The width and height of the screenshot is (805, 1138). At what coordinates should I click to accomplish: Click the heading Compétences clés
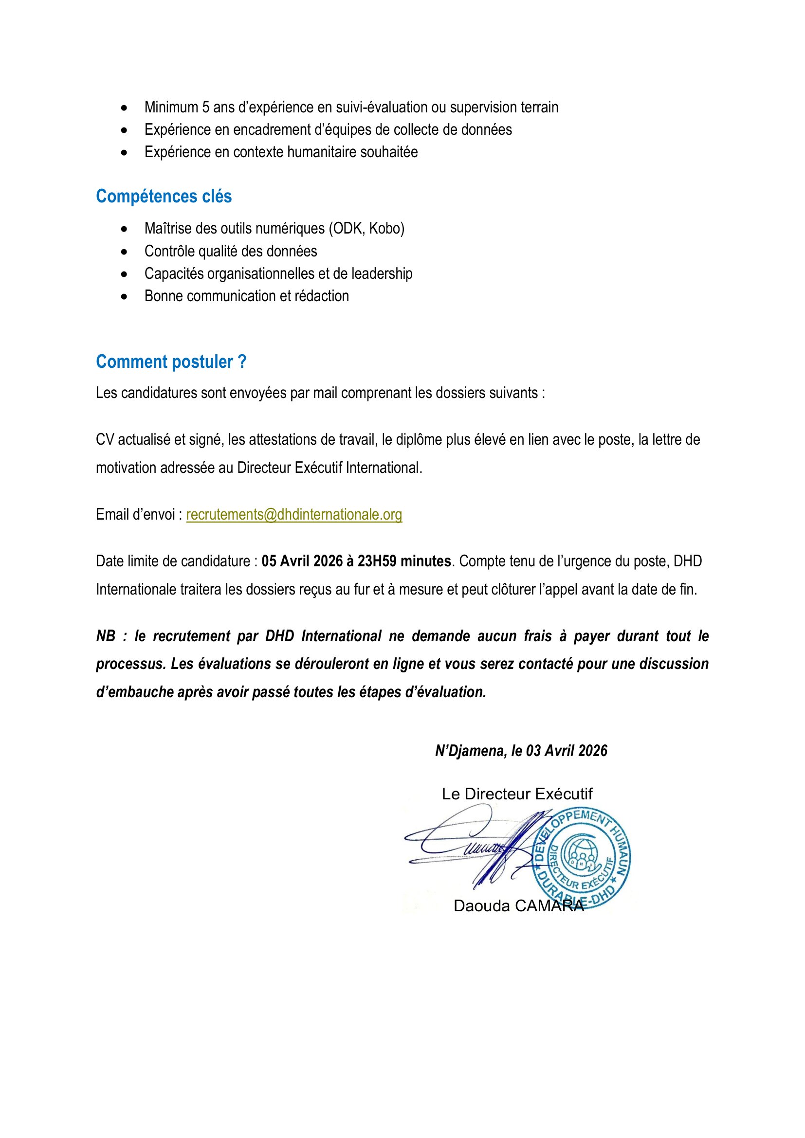(164, 196)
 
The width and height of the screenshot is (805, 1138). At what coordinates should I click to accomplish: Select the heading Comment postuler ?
(171, 362)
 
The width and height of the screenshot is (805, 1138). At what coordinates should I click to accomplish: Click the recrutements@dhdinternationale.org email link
(294, 514)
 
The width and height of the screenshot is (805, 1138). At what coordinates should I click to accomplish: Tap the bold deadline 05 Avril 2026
(302, 561)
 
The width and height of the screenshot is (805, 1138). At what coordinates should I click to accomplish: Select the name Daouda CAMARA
(518, 906)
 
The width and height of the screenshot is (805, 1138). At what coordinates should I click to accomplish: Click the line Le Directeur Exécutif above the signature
(517, 794)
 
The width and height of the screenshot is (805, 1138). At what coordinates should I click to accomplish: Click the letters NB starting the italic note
(106, 636)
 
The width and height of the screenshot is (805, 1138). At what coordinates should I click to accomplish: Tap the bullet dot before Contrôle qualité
(124, 252)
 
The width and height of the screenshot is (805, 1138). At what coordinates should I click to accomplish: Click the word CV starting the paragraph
(105, 440)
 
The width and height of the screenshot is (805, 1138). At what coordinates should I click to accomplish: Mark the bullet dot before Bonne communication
(124, 296)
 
